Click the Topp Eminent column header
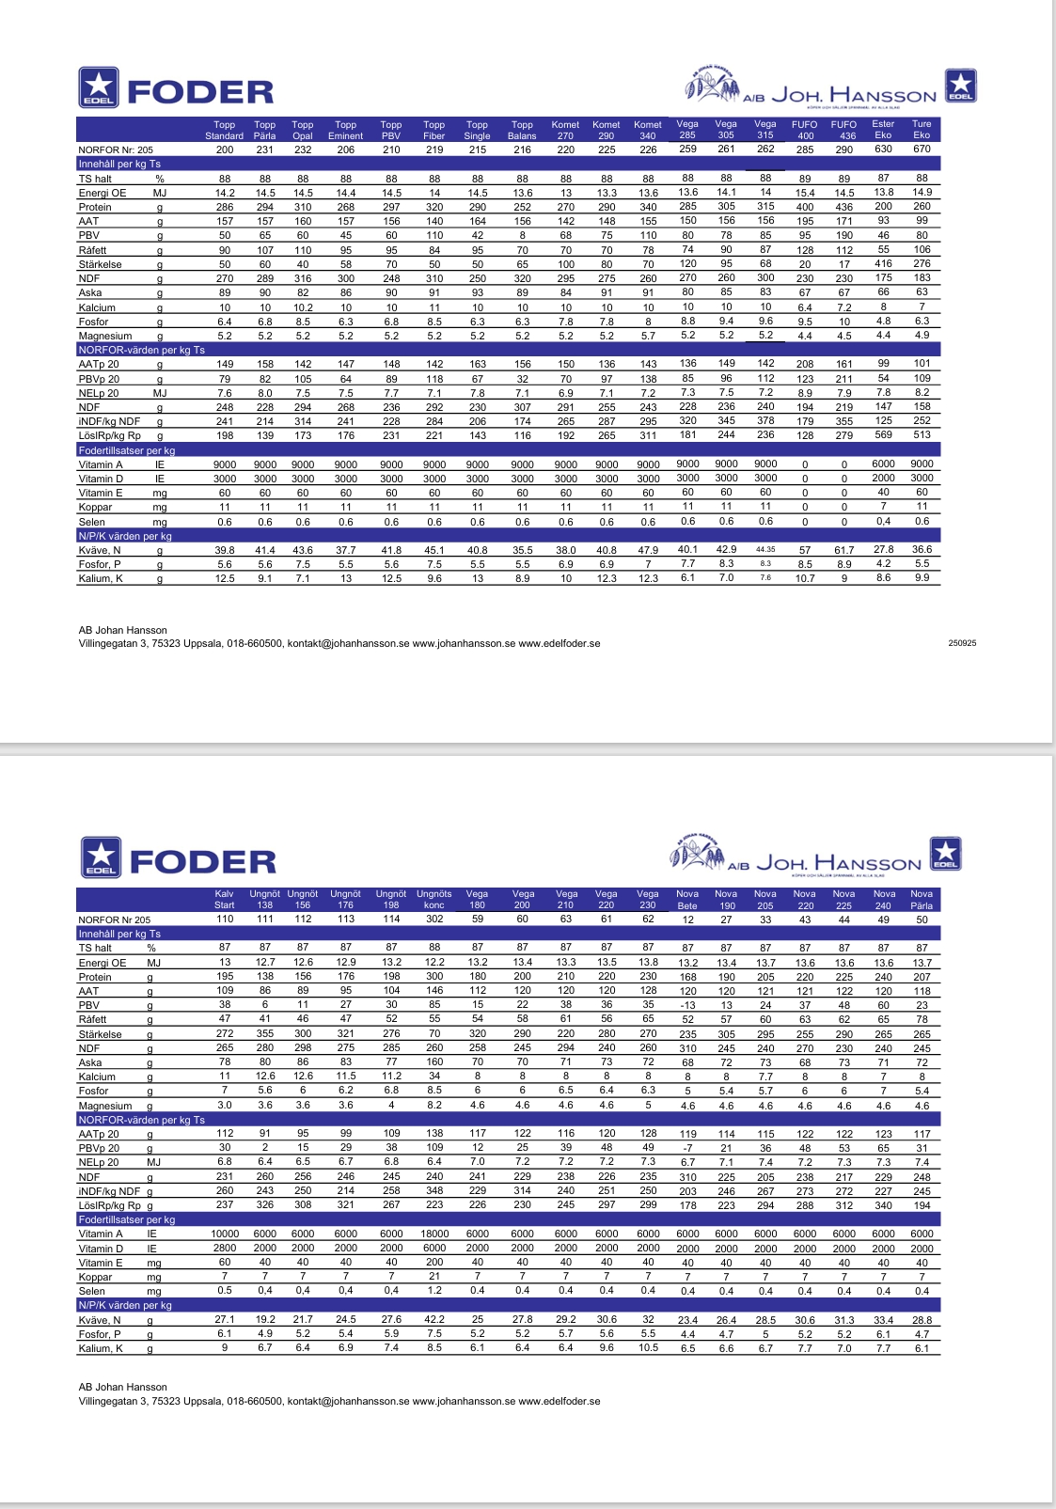345,130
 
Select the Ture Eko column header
922,129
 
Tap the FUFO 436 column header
843,130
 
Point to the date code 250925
963,643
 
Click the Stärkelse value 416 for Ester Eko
883,264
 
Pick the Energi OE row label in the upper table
102,193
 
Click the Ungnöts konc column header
434,900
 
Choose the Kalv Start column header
225,900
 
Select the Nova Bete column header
687,900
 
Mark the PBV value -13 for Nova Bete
687,1005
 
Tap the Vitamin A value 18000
434,1234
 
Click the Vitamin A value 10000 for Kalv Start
225,1234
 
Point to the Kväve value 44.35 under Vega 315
765,550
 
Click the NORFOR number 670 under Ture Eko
922,149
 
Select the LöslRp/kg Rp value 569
883,434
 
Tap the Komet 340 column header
648,130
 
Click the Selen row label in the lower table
92,1291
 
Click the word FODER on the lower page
202,861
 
